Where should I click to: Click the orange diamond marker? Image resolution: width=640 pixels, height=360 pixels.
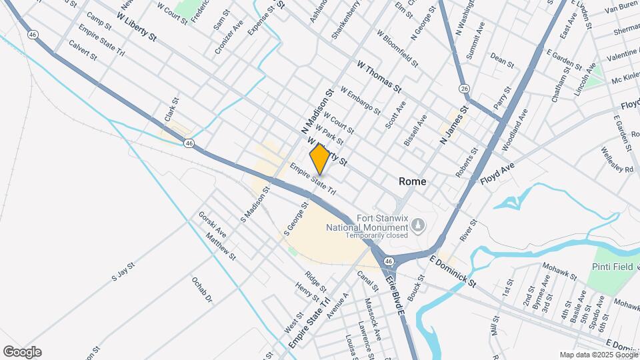[320, 159]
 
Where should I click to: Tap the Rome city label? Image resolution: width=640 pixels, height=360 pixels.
[413, 181]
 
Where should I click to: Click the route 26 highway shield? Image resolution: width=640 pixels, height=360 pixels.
[464, 88]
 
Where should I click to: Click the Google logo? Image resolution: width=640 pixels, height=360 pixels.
[22, 352]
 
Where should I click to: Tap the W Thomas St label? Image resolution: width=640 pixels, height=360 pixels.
[379, 78]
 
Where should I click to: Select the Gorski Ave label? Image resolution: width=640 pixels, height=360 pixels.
[213, 225]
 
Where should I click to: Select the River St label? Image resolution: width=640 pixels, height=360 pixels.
[468, 231]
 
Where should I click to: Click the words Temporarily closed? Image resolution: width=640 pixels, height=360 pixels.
[365, 235]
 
